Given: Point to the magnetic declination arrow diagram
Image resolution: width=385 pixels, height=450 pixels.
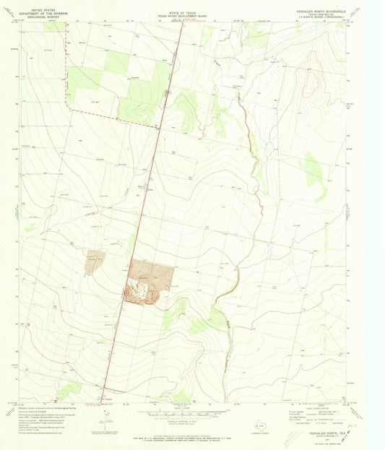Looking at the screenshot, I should tap(105, 417).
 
